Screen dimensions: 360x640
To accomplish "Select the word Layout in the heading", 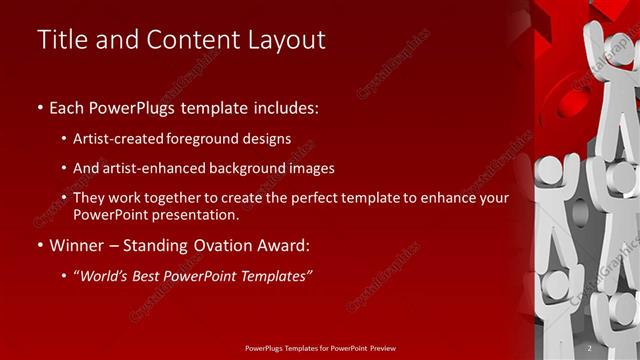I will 284,40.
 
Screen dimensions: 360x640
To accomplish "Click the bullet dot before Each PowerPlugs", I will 39,106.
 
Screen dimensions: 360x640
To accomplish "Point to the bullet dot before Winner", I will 39,245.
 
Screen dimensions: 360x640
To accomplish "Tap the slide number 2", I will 589,347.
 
